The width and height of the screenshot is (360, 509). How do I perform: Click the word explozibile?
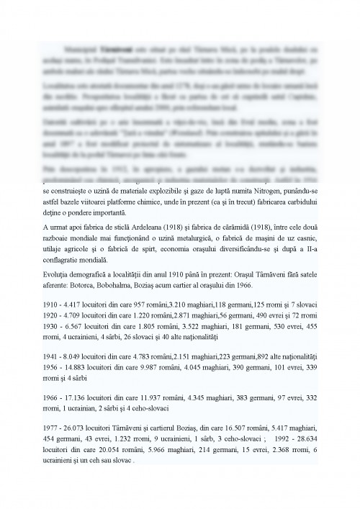coord(168,193)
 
